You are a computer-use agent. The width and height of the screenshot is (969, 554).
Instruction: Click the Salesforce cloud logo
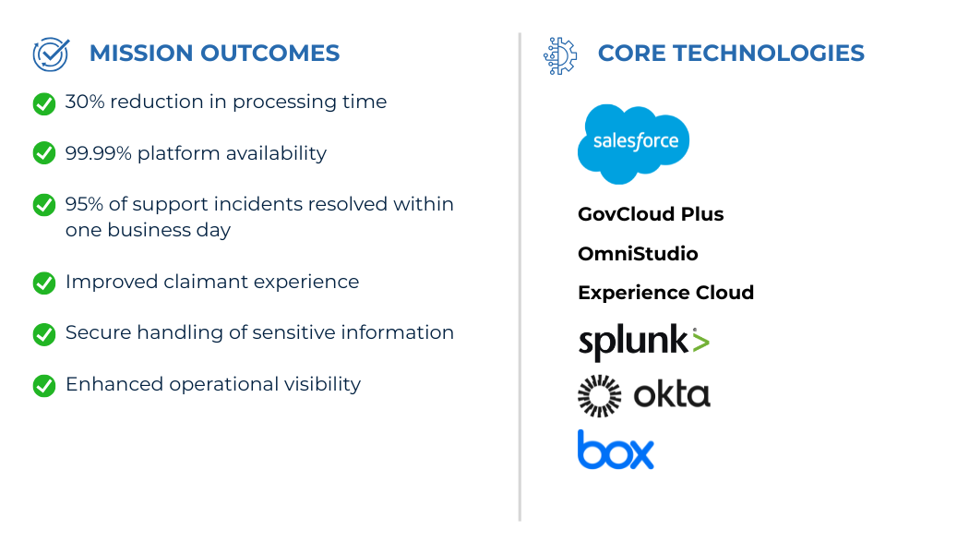click(633, 144)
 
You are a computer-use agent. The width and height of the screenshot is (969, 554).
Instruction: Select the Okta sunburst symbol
click(600, 396)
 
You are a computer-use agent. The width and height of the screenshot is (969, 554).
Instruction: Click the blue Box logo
click(616, 450)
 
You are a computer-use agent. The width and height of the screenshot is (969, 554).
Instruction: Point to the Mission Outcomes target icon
click(51, 54)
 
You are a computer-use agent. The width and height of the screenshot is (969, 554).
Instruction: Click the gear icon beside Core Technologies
click(560, 56)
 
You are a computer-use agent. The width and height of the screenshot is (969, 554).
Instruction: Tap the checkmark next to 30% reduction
click(44, 103)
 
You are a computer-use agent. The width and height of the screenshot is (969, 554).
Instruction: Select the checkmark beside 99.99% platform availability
click(44, 152)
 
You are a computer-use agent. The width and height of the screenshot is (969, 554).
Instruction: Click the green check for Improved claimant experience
click(44, 283)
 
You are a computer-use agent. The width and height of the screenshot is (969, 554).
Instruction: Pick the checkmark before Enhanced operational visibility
click(44, 385)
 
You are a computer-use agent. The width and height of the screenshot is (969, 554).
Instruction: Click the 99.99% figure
click(98, 153)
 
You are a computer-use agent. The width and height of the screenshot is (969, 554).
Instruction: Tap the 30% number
click(85, 102)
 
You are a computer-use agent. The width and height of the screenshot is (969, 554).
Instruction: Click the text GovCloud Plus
click(651, 214)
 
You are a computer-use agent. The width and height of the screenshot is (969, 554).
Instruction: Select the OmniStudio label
click(638, 254)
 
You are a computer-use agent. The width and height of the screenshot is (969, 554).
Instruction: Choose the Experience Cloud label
click(665, 293)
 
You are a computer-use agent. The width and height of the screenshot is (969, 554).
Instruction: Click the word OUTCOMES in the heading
click(270, 54)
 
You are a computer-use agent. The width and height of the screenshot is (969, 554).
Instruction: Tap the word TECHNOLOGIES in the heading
click(768, 54)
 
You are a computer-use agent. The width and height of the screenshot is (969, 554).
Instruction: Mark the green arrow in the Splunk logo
click(700, 342)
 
